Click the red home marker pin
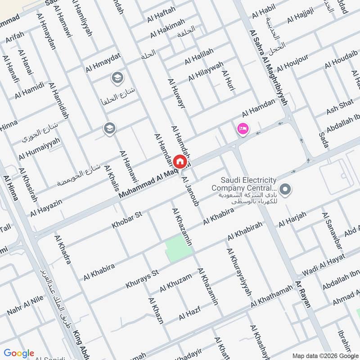pos(179,161)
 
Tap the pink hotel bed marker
pos(243,129)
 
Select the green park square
pos(178,247)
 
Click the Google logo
pos(19,353)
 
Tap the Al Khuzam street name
pos(175,283)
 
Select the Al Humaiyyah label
pos(39,149)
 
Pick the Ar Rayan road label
pos(303,293)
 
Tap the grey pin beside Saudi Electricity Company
pos(284,189)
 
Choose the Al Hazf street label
pos(189,312)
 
